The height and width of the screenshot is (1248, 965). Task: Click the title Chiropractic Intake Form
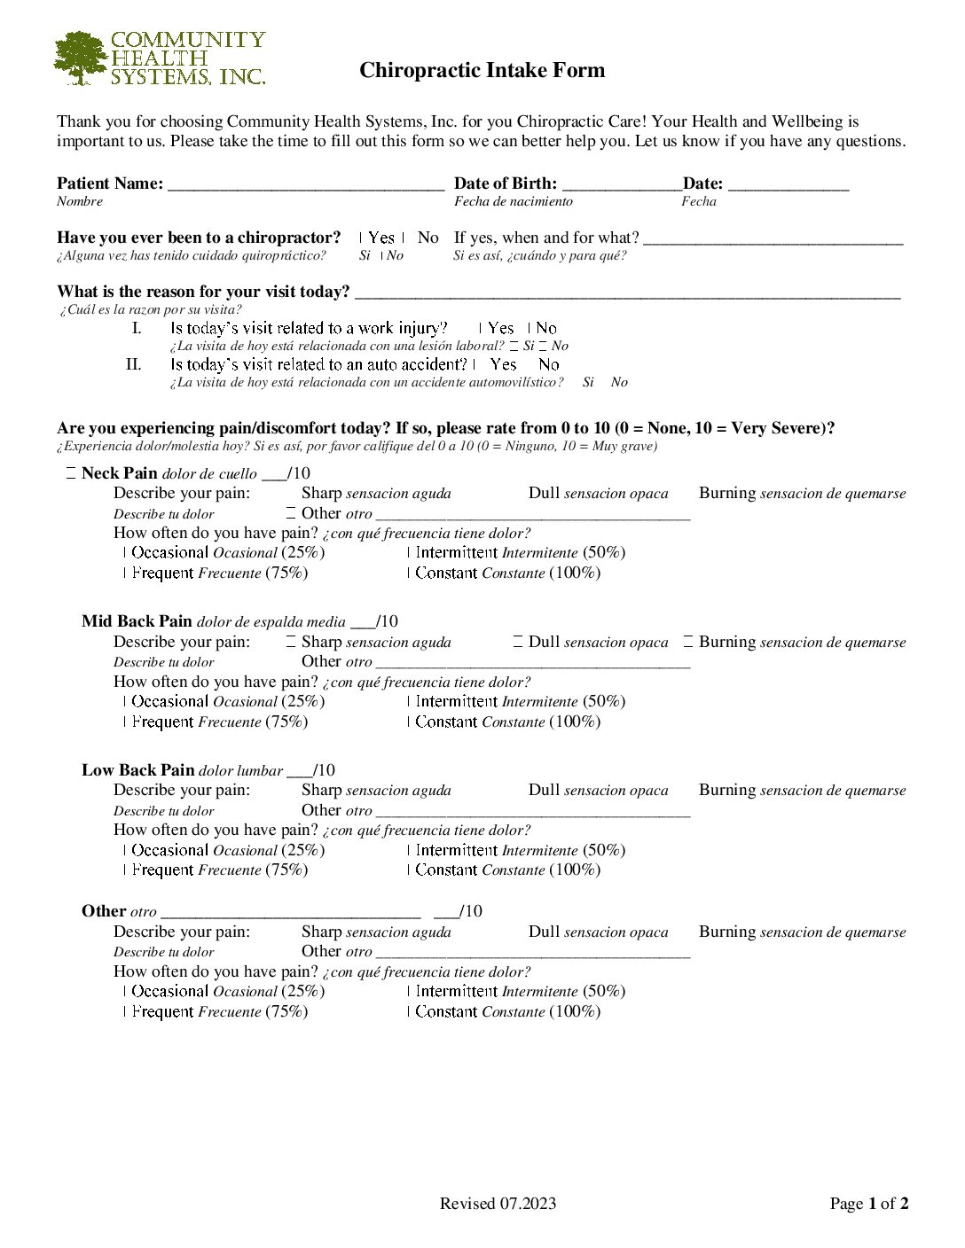(482, 71)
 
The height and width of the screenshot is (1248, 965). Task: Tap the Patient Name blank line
(305, 185)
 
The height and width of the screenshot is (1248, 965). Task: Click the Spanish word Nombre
(80, 202)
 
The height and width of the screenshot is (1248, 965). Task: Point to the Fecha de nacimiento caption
(513, 202)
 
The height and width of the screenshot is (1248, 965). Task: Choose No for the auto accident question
(547, 364)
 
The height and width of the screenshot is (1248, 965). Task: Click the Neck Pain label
(119, 473)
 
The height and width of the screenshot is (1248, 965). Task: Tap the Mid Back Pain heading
(137, 621)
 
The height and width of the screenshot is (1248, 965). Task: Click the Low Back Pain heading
(137, 770)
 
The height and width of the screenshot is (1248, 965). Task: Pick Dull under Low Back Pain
(545, 791)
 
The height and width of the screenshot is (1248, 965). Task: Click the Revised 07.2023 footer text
(498, 1204)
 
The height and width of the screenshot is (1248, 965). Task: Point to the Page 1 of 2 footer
(868, 1204)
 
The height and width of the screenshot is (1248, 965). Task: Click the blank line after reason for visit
(626, 293)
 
